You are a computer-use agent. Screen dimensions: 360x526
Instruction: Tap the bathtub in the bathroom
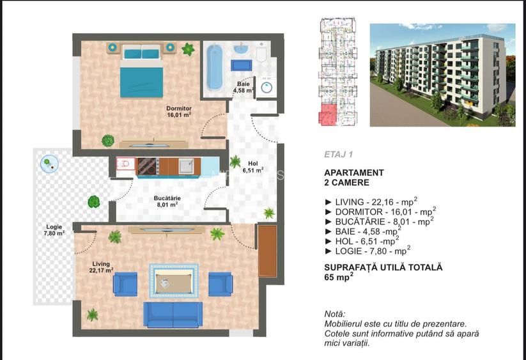[215, 67]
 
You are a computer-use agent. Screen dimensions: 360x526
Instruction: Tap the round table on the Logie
[48, 164]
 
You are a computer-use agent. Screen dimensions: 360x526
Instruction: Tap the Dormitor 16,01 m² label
[179, 112]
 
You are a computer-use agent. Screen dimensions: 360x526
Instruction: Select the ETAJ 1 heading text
[338, 154]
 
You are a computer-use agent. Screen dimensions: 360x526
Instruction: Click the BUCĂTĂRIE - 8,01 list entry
[380, 221]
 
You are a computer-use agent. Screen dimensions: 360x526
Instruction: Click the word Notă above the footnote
[334, 314]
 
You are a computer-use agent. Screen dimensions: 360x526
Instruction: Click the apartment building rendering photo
[442, 75]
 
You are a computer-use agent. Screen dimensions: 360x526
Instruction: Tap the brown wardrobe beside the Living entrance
[267, 251]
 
